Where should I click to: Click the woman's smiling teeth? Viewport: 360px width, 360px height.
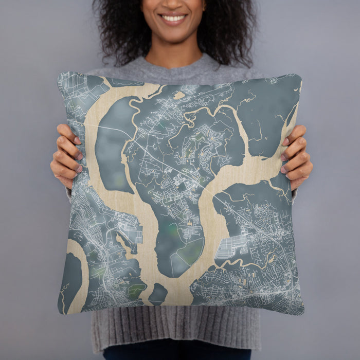173,18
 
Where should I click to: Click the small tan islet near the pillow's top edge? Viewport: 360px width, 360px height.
179,95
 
